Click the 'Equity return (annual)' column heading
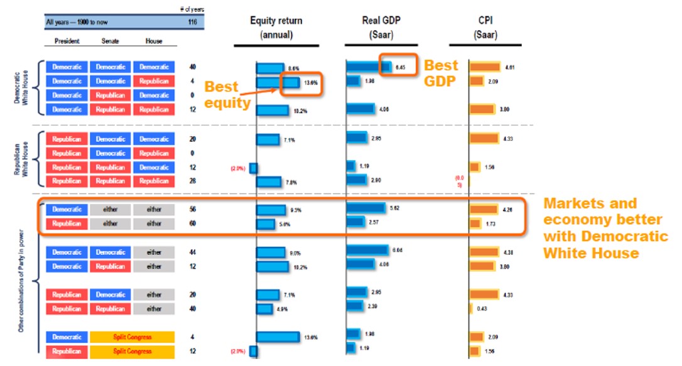276,28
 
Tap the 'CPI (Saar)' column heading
485,28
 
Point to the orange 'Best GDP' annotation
441,73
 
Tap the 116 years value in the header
192,22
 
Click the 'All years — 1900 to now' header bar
110,22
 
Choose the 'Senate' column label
111,41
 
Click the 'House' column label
153,41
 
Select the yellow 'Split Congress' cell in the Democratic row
132,337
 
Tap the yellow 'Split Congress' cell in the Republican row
132,352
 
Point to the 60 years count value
192,223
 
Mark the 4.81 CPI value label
510,67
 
